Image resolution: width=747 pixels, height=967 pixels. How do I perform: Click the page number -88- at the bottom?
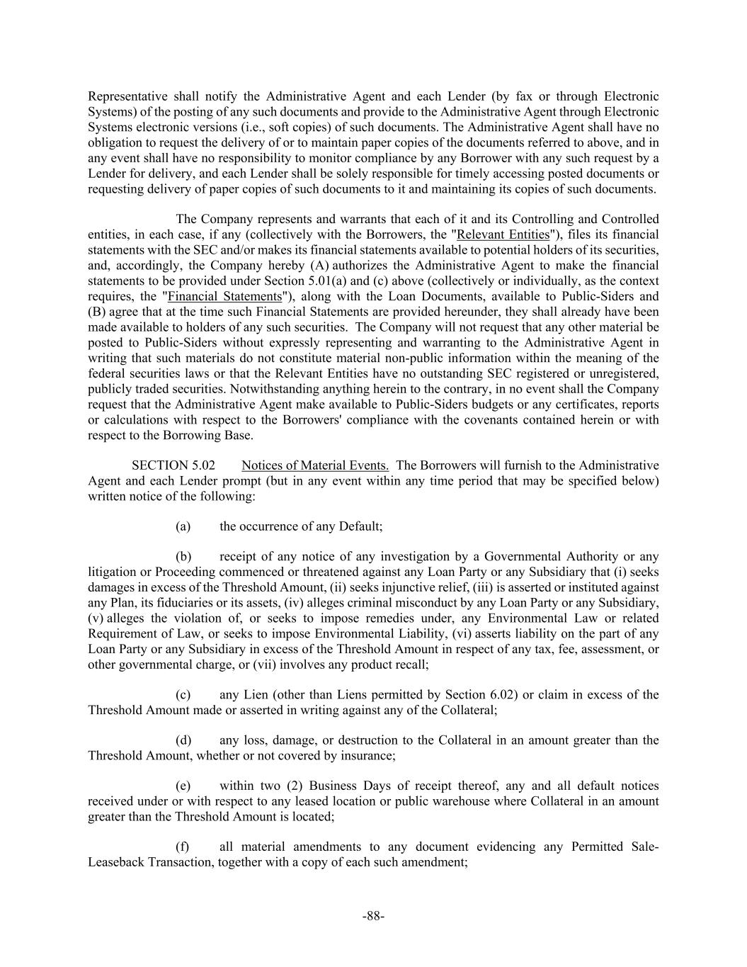point(373,916)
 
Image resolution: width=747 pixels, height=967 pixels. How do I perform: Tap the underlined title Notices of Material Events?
point(315,465)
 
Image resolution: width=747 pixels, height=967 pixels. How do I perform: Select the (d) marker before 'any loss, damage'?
point(183,740)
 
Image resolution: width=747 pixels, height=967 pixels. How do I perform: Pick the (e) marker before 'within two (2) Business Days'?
point(183,786)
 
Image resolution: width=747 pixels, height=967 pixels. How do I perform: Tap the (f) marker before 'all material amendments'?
point(183,847)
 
